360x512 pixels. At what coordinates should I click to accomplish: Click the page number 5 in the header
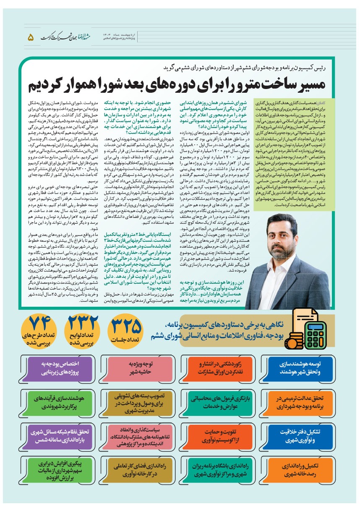(x=30, y=37)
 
